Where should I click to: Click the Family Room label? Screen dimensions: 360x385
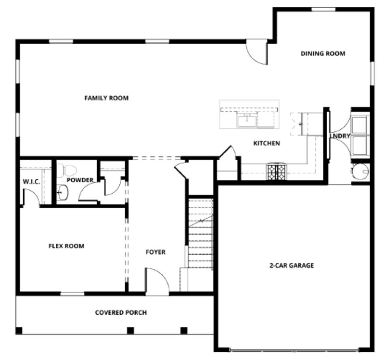pyautogui.click(x=106, y=98)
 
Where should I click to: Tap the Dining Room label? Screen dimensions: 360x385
pyautogui.click(x=323, y=53)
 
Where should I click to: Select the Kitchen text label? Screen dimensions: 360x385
pyautogui.click(x=267, y=143)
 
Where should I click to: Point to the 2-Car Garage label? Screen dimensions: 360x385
pyautogui.click(x=291, y=265)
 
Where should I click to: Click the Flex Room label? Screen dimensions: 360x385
pyautogui.click(x=66, y=246)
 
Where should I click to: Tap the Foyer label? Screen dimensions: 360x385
pyautogui.click(x=155, y=252)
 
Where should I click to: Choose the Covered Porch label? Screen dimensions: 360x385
pyautogui.click(x=121, y=312)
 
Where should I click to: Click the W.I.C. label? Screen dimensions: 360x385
pyautogui.click(x=31, y=182)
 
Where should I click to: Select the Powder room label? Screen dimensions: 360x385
pyautogui.click(x=80, y=180)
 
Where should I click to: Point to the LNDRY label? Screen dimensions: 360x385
pyautogui.click(x=340, y=136)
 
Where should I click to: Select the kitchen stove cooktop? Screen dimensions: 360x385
pyautogui.click(x=276, y=172)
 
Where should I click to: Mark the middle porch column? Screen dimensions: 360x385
pyautogui.click(x=129, y=330)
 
